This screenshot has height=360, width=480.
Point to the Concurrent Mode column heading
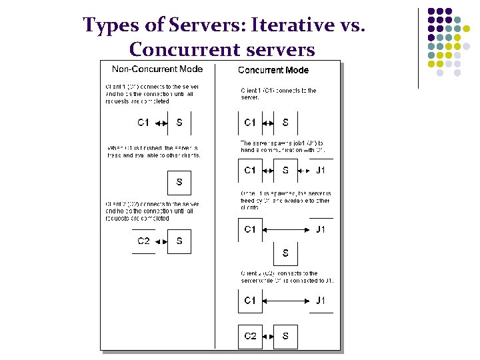click(273, 70)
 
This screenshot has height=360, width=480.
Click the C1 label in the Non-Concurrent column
click(143, 123)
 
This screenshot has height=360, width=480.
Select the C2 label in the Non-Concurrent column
click(143, 241)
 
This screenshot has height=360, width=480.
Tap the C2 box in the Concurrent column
click(250, 336)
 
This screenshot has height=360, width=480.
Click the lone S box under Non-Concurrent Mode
click(179, 182)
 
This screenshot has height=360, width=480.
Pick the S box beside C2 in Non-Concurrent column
click(179, 241)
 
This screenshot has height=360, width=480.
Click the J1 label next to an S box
click(321, 170)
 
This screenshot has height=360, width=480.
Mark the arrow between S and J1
click(304, 171)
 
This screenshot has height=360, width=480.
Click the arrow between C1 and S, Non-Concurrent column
click(161, 123)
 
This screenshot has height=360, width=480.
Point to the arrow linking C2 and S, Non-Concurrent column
click(161, 241)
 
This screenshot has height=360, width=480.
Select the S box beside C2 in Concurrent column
click(285, 336)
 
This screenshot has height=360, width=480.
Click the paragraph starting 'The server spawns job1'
click(283, 147)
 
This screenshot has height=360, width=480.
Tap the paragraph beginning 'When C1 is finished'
click(153, 151)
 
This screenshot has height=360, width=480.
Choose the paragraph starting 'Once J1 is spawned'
click(286, 200)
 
